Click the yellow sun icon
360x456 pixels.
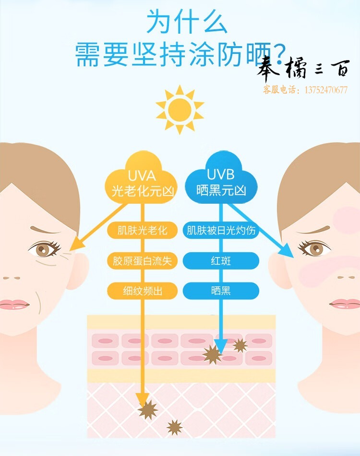180,110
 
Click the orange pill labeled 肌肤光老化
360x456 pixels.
143,230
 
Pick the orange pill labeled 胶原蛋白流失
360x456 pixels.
143,260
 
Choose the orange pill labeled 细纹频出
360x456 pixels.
143,291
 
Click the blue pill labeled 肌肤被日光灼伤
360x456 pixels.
221,230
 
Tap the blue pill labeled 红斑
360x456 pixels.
221,260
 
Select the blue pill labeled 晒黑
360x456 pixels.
221,291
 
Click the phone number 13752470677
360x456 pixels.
326,89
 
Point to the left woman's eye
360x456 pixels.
44,249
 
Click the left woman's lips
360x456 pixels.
14,305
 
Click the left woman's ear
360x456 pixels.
78,271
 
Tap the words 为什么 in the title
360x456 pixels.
187,22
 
